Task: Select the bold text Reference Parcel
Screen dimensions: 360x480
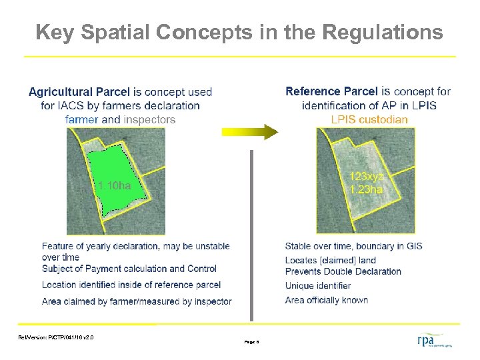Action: [331, 91]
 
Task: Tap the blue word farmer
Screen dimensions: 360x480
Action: [81, 120]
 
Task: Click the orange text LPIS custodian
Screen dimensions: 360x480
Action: [369, 120]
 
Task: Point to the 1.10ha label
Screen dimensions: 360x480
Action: [113, 186]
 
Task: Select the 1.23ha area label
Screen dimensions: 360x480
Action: [366, 189]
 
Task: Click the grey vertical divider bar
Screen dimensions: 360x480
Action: [251, 233]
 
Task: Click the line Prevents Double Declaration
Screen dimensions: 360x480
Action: [343, 271]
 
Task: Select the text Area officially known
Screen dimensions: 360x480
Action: [327, 300]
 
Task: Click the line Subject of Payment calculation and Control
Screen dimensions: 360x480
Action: [129, 269]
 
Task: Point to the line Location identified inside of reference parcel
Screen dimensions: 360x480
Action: [131, 285]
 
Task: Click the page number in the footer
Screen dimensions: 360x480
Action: [251, 341]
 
